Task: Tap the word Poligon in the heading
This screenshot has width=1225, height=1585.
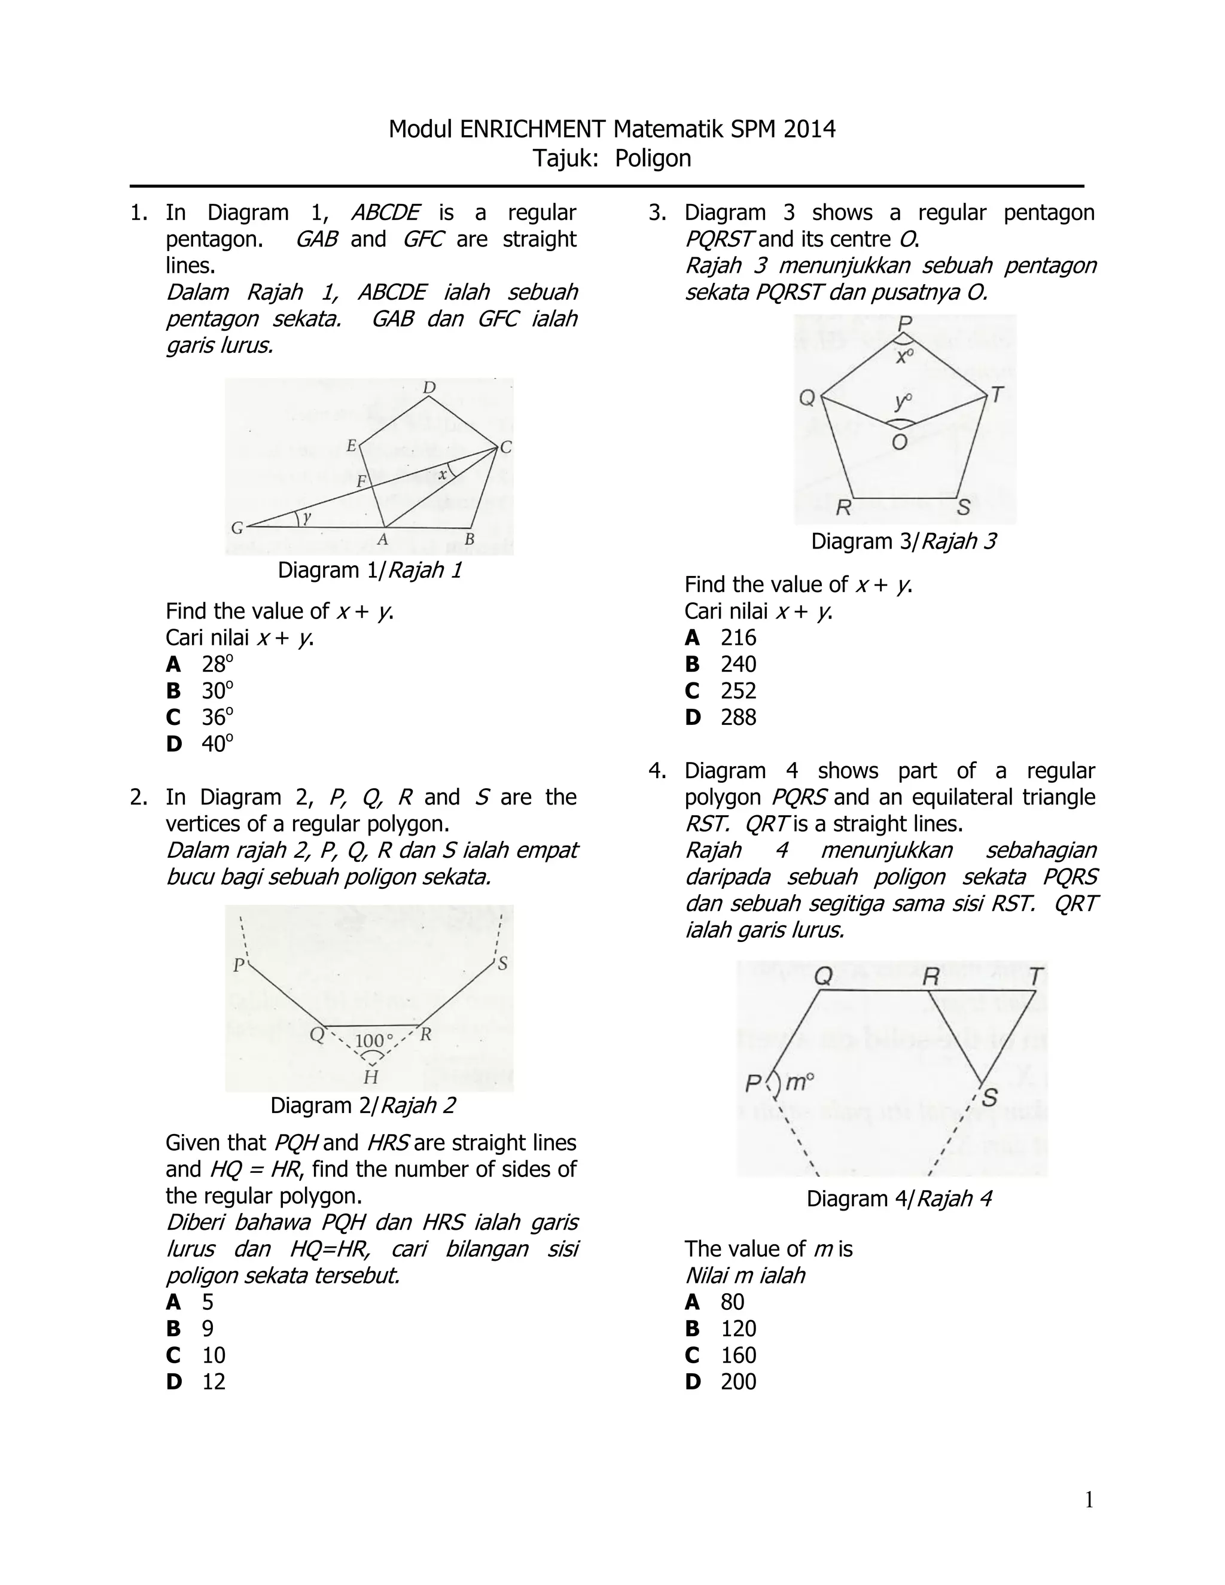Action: (653, 158)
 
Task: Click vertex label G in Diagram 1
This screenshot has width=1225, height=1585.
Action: (237, 528)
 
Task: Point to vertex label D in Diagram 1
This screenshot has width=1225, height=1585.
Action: (429, 388)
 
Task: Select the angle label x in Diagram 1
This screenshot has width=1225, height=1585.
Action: (443, 475)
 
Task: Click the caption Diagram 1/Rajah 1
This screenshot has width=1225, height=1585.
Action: (370, 571)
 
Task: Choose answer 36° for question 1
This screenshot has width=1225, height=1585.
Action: (217, 717)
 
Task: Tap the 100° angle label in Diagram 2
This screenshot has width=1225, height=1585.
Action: (374, 1041)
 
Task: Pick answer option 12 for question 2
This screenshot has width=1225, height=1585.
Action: (214, 1382)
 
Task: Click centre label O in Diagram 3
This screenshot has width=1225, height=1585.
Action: (899, 442)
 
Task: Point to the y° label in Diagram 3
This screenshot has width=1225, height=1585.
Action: (903, 401)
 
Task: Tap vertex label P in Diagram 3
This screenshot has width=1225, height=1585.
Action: (905, 323)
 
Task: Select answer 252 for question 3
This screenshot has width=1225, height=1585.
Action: (738, 691)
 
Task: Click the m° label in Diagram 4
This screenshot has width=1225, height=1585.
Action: (799, 1083)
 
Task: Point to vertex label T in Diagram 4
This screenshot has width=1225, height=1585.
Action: (1035, 977)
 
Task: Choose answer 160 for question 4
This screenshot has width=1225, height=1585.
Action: (738, 1355)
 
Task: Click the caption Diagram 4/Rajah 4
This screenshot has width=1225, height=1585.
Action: (898, 1199)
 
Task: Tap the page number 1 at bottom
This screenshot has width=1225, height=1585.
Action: (1089, 1500)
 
